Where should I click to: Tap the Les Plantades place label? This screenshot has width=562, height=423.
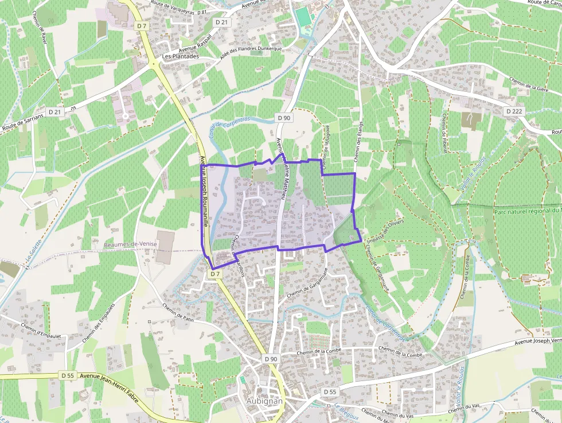point(181,56)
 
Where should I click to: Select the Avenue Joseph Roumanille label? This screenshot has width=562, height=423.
point(203,192)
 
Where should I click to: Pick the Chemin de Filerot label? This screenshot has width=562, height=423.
point(444,133)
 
